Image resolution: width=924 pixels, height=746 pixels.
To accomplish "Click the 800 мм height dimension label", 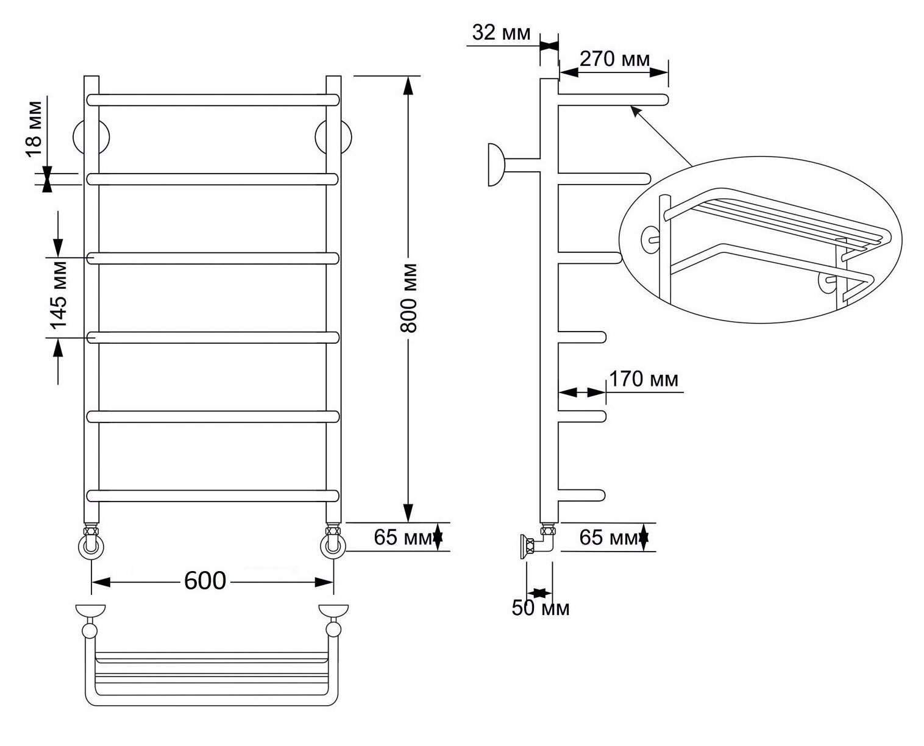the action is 408,297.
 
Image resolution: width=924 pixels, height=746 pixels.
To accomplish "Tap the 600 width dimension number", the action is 205,581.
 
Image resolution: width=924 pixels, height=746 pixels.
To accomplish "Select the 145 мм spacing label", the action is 59,295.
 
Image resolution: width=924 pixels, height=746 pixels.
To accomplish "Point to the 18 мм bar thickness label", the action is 34,129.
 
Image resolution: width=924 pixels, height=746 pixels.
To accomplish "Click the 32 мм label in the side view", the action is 501,32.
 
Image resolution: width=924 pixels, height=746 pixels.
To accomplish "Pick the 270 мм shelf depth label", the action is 615,59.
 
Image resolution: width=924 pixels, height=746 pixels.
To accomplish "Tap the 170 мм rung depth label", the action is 644,378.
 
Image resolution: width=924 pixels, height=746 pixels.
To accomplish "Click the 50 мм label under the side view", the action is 541,608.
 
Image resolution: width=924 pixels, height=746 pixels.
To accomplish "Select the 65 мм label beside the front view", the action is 403,537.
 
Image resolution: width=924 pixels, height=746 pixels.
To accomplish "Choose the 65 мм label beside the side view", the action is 608,537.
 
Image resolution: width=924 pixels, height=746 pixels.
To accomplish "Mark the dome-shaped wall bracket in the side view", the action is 496,165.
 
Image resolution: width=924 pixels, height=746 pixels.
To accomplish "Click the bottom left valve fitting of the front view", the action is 91,541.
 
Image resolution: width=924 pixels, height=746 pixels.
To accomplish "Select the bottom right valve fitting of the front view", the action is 333,541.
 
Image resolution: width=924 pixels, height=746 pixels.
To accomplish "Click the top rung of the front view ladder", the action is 213,100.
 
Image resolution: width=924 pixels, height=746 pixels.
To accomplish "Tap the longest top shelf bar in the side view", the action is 613,100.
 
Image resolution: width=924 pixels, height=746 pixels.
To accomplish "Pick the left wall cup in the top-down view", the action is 90,610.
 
